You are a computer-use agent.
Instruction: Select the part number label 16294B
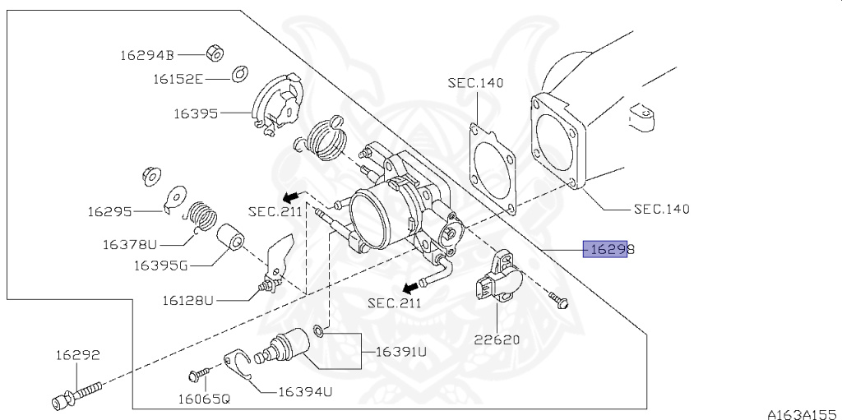[147, 56]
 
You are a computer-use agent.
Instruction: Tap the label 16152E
[177, 80]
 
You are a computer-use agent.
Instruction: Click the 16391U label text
[401, 352]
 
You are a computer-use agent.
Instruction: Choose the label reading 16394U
[304, 391]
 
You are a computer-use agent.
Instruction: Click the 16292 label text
[77, 356]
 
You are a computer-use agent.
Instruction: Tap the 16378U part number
[129, 244]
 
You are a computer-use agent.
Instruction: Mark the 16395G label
[160, 265]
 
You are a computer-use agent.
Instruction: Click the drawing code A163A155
[802, 413]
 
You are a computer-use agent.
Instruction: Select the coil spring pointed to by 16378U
[199, 219]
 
